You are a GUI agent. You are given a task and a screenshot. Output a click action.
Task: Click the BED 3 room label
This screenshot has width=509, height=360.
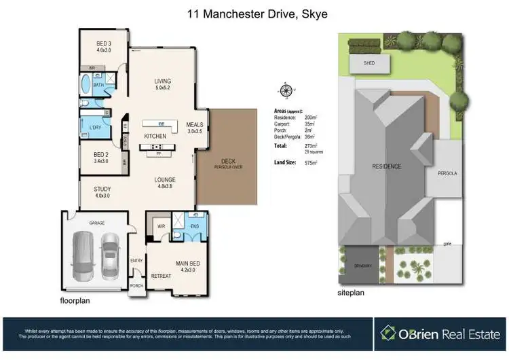pyautogui.click(x=103, y=42)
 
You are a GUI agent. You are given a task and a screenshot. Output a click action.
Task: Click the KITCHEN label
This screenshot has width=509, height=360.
pyautogui.click(x=156, y=137)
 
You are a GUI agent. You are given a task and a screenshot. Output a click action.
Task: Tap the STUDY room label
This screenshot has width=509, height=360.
pyautogui.click(x=102, y=190)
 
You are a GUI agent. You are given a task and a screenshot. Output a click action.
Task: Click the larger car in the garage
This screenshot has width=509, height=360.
pyautogui.click(x=82, y=256)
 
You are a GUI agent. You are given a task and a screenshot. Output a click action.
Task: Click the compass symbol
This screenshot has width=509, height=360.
pyautogui.click(x=286, y=90)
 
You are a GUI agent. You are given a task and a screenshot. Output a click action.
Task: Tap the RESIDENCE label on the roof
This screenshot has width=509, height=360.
pyautogui.click(x=386, y=166)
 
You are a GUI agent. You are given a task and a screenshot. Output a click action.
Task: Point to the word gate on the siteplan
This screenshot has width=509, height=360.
pyautogui.click(x=447, y=243)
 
